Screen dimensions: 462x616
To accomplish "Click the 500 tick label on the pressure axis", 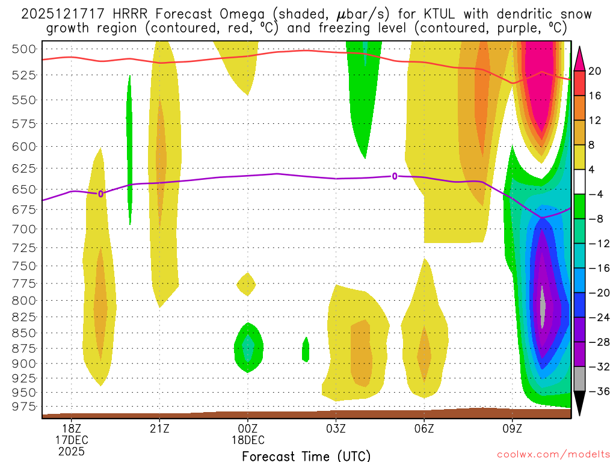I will [x=25, y=49].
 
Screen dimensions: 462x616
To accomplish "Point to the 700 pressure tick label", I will [x=25, y=229].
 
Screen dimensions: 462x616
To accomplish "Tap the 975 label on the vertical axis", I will [x=25, y=407].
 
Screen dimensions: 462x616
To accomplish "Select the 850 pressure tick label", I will [x=25, y=333].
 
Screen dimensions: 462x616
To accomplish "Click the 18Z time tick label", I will [x=72, y=428].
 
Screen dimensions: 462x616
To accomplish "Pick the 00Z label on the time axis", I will [x=248, y=428].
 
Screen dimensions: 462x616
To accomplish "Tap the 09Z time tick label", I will [x=513, y=428].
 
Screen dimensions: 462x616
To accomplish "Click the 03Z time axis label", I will [x=336, y=428].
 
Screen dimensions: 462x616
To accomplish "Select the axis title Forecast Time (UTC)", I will [x=306, y=455].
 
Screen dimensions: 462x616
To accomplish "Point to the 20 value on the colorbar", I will [x=595, y=71].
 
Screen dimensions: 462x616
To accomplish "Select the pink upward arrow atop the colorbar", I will [x=580, y=58].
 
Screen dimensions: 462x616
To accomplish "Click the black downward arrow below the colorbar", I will [x=580, y=403].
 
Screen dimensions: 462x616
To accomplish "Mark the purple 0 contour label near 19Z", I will [x=100, y=194].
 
